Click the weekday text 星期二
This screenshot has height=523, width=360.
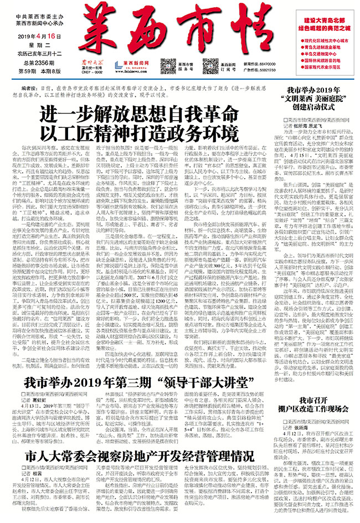pyautogui.click(x=40, y=45)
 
